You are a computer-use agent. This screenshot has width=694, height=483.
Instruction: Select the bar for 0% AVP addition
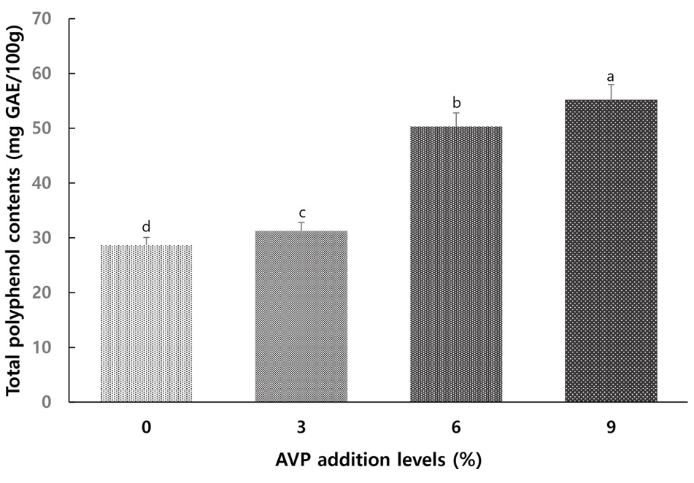point(147,324)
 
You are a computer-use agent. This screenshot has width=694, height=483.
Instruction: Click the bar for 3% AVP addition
point(301,317)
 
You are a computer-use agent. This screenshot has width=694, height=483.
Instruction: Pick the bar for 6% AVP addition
point(456,264)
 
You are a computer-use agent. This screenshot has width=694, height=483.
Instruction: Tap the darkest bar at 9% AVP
point(611,251)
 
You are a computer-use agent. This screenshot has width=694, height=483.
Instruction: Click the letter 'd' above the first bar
point(146,227)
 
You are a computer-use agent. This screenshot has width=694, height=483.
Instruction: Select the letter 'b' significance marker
point(457,103)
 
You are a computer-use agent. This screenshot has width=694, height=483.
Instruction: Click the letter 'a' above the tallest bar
point(611,77)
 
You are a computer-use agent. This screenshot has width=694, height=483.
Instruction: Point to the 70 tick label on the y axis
point(42,18)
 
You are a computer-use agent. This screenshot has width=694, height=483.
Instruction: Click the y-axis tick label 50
point(42,128)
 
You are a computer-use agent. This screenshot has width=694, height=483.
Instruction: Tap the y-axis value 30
point(42,238)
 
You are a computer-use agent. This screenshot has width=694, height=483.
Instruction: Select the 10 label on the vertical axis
point(42,347)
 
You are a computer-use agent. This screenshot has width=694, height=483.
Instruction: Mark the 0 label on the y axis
point(47,402)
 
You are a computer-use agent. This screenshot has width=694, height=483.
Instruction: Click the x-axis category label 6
point(456,428)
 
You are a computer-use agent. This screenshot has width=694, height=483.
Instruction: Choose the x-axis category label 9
point(612,428)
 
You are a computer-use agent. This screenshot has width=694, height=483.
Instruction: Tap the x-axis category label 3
point(301,428)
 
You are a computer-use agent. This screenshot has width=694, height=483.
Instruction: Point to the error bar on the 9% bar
point(612,92)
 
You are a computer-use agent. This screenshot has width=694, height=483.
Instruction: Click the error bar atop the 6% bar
point(456,120)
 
